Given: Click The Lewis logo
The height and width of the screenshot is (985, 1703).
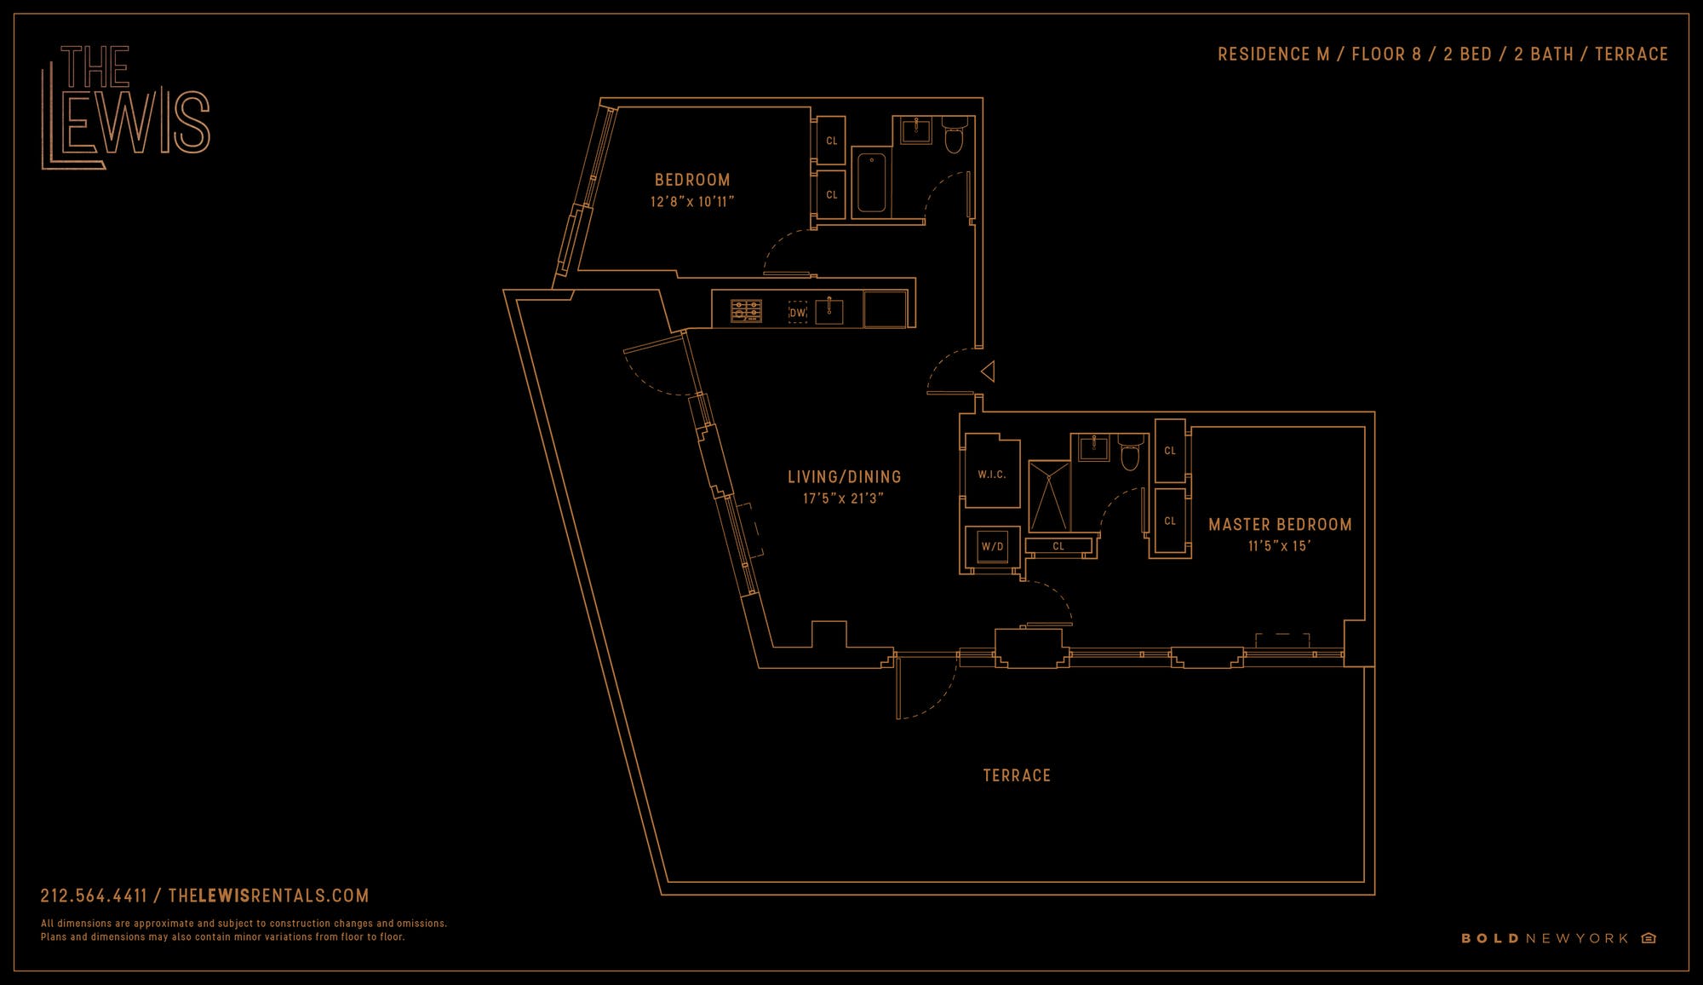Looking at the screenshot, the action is (126, 107).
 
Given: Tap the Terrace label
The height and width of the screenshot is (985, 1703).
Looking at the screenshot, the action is (1017, 775).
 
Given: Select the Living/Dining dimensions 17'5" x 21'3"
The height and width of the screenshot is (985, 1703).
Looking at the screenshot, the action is (843, 498).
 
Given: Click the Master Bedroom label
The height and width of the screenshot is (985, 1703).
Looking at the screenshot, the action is (1280, 525).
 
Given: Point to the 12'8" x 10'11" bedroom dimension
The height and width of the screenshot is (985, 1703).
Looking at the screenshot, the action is (691, 202).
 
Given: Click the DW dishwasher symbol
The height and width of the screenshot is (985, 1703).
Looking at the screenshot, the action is (797, 313).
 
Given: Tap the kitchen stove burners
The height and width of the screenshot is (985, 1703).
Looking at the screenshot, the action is (747, 311).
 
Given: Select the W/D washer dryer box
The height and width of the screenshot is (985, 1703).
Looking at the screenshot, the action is (992, 546).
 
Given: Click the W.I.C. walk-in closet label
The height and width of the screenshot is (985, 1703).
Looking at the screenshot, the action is (991, 475).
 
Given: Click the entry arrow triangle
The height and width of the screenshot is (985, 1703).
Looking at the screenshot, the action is (988, 372).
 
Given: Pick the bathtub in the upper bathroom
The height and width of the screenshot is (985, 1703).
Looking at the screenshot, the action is (871, 182).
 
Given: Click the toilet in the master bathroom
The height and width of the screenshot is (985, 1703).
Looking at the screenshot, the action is (1130, 455).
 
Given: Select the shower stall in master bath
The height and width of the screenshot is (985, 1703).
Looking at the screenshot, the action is (1049, 497).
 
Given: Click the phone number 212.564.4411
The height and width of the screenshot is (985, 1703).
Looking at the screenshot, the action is (94, 896).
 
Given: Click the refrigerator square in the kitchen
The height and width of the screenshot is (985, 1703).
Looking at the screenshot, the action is (885, 309).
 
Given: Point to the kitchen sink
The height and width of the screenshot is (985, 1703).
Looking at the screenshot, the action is (829, 310).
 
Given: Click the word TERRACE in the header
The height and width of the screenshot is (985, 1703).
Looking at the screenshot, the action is (1631, 55).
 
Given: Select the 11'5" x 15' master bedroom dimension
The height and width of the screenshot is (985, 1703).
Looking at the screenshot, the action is (1279, 546).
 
